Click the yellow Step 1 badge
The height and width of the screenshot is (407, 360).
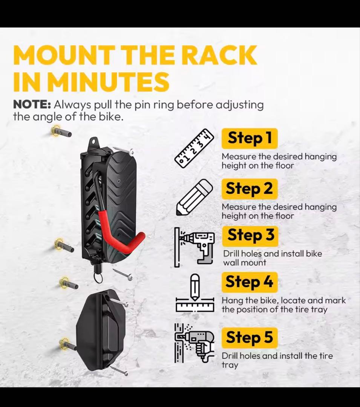coord(250,138)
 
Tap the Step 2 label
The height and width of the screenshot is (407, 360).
coord(250,189)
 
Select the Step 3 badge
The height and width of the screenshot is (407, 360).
coord(250,236)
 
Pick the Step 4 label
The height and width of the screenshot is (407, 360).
coord(250,282)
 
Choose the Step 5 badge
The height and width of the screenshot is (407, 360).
coord(250,338)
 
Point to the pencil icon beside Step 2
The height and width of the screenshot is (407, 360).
coord(195,197)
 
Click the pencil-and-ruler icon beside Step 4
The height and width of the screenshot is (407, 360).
coord(195,293)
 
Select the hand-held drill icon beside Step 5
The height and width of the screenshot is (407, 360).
coord(195,343)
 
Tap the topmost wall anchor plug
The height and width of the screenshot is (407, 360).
coord(61,131)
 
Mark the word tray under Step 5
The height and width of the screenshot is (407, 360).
coord(230,365)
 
